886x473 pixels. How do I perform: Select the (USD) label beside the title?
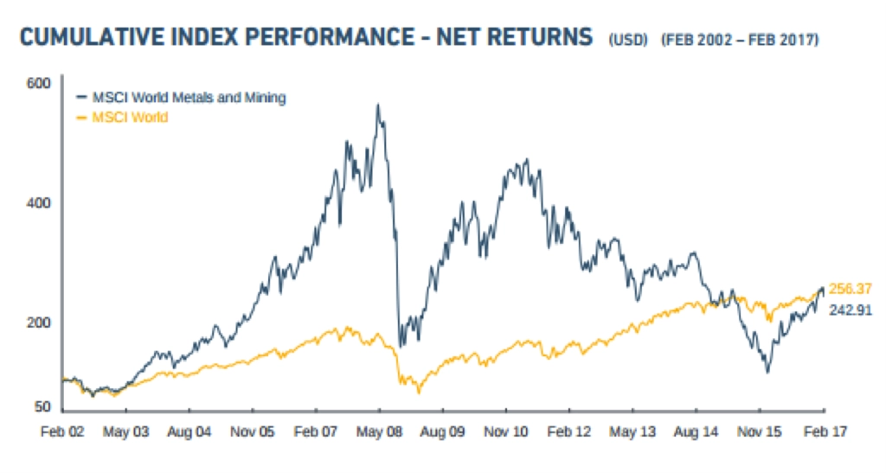pos(627,40)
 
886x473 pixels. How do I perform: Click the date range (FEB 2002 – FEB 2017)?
pos(739,40)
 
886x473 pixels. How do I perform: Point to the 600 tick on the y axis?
pos(42,83)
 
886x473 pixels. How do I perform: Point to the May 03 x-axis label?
pos(126,430)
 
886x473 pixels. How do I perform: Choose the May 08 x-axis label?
pos(380,430)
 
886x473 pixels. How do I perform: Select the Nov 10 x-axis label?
pos(507,430)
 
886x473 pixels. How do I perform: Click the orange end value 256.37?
pos(850,289)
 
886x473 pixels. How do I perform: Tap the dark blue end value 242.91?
pos(850,310)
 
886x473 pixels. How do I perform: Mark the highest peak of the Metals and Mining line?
pos(377,105)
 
